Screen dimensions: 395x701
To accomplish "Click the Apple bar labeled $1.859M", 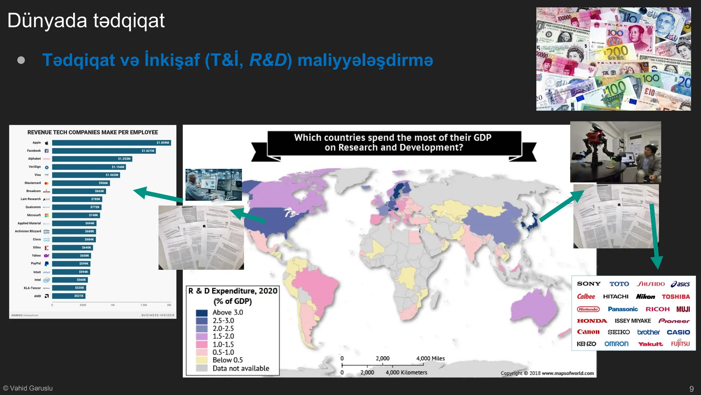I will (111, 143).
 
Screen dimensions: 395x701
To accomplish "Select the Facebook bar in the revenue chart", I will (104, 151).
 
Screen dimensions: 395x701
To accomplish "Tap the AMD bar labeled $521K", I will (68, 296).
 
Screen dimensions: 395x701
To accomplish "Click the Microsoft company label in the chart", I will (34, 215).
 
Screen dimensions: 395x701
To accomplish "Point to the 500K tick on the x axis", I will (83, 305).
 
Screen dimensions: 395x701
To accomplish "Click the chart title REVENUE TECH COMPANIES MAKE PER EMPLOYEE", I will (92, 132).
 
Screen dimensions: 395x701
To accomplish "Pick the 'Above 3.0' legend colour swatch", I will (202, 313).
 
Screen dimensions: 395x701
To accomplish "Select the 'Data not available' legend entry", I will (241, 368).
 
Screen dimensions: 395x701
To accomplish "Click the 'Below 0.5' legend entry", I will (227, 360).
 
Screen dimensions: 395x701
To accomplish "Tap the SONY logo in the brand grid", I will (588, 284).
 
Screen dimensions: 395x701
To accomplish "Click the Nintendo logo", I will (588, 309).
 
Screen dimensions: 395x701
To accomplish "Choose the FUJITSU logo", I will (680, 344).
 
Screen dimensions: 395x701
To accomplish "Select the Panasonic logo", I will (623, 309).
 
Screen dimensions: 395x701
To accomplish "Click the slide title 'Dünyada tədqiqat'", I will (86, 21).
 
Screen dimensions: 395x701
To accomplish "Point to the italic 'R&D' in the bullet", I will (268, 60).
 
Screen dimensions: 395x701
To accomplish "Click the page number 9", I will (691, 389).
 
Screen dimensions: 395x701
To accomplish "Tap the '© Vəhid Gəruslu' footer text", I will (28, 388).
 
